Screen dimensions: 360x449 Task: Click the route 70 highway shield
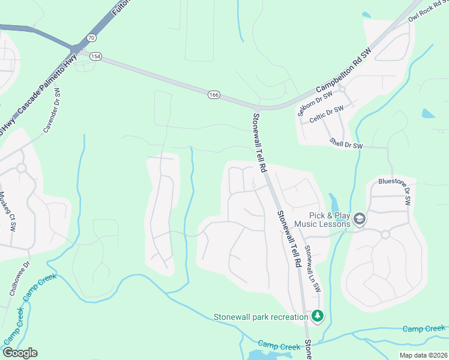(x=91, y=37)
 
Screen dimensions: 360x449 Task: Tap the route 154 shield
(x=95, y=56)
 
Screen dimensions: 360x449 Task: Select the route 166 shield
(x=214, y=95)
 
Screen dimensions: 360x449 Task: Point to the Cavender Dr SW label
(x=52, y=112)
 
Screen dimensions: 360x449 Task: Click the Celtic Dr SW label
(x=327, y=113)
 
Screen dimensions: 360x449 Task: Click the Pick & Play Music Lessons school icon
(x=360, y=219)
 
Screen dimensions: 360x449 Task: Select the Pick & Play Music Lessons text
(x=330, y=220)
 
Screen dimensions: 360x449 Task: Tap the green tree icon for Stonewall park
(x=318, y=316)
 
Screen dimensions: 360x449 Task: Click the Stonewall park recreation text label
(x=261, y=317)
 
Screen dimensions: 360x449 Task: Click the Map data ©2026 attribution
(x=424, y=355)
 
